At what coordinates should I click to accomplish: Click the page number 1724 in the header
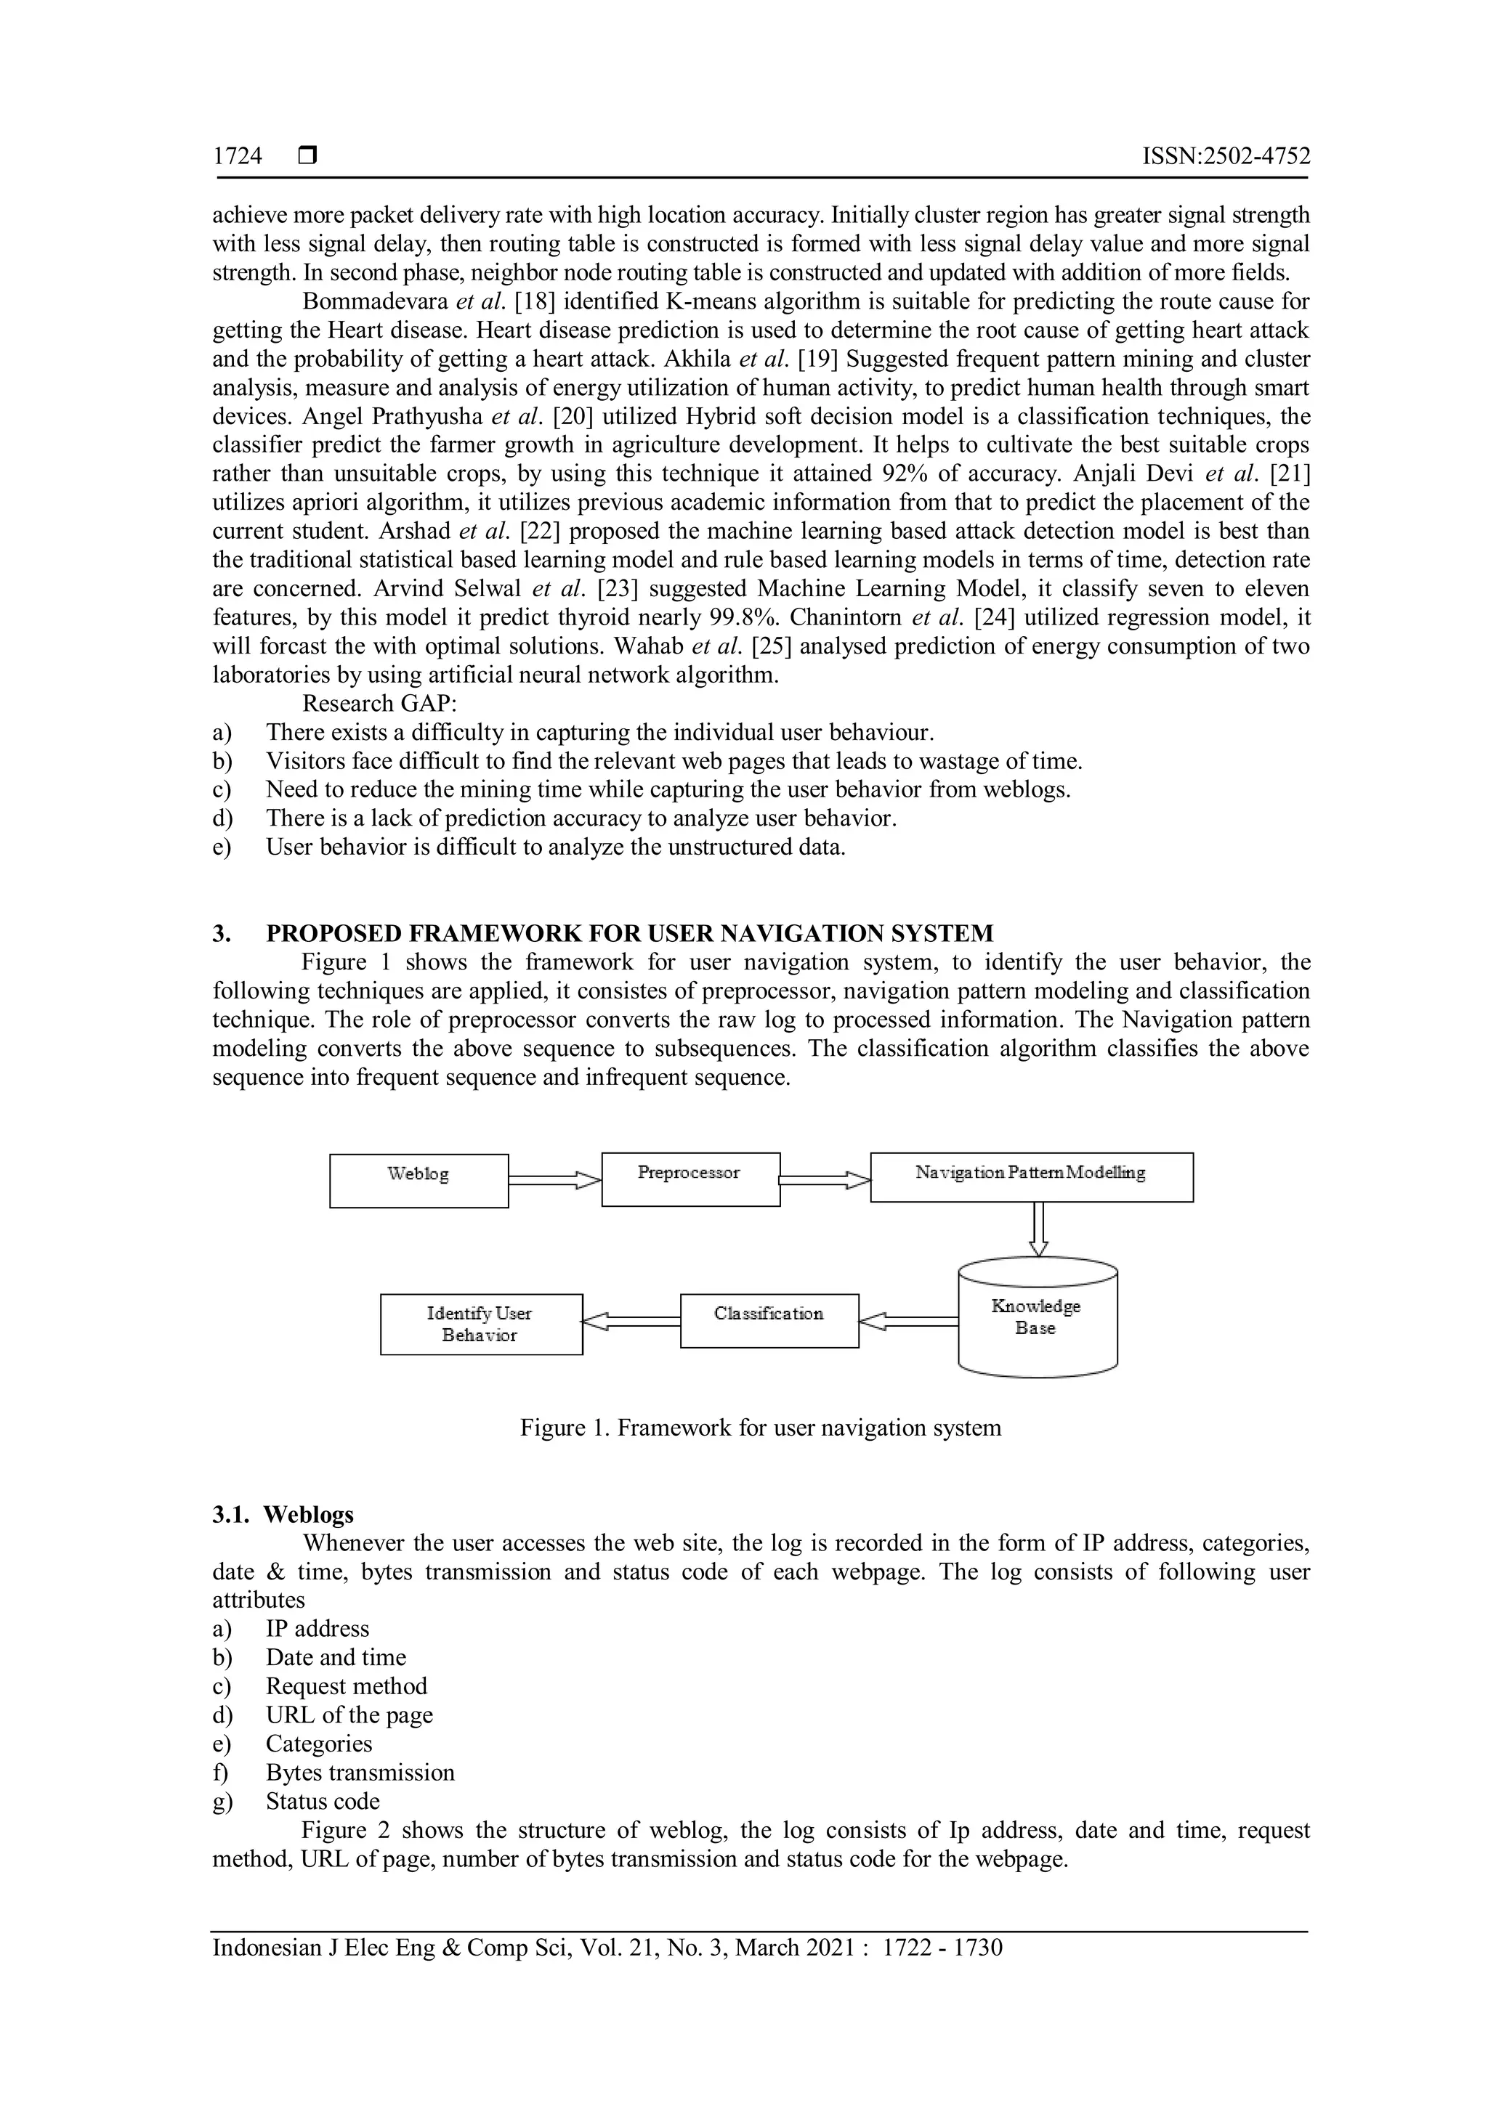click(238, 157)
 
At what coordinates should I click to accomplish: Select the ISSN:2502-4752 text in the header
click(1225, 157)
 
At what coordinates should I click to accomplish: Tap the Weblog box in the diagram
click(418, 1181)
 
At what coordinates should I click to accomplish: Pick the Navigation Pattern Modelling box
click(1031, 1177)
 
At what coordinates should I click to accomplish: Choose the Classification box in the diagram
click(769, 1320)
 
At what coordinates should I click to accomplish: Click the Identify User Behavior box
click(481, 1324)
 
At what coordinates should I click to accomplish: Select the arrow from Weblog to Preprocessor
click(554, 1181)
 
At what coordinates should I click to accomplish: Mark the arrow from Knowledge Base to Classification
click(908, 1321)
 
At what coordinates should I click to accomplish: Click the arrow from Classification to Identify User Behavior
click(631, 1321)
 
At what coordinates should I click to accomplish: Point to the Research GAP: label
click(379, 704)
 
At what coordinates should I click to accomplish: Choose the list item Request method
click(347, 1686)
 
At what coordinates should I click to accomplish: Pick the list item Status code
click(323, 1801)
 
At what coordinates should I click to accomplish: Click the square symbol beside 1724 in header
click(307, 157)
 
